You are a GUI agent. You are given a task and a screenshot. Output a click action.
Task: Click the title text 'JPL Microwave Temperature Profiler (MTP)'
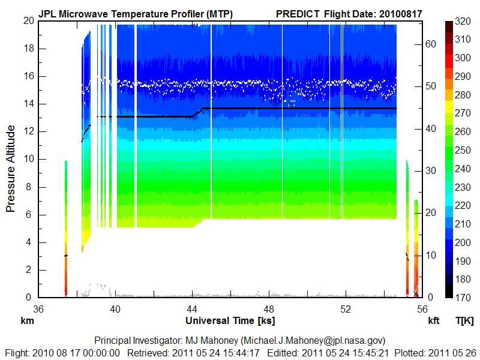pyautogui.click(x=136, y=13)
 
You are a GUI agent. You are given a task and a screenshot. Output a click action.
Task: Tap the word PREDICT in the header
pyautogui.click(x=298, y=13)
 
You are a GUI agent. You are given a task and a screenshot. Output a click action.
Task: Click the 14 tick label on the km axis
pyautogui.click(x=29, y=104)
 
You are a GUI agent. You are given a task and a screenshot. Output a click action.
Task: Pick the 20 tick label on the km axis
pyautogui.click(x=29, y=20)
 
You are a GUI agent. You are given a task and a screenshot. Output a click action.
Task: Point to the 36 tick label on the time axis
pyautogui.click(x=38, y=308)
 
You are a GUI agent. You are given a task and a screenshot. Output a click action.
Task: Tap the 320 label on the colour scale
pyautogui.click(x=463, y=21)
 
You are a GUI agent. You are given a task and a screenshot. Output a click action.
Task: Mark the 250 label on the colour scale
pyautogui.click(x=463, y=150)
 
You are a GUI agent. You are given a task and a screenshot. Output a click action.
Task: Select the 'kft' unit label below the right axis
pyautogui.click(x=434, y=321)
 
